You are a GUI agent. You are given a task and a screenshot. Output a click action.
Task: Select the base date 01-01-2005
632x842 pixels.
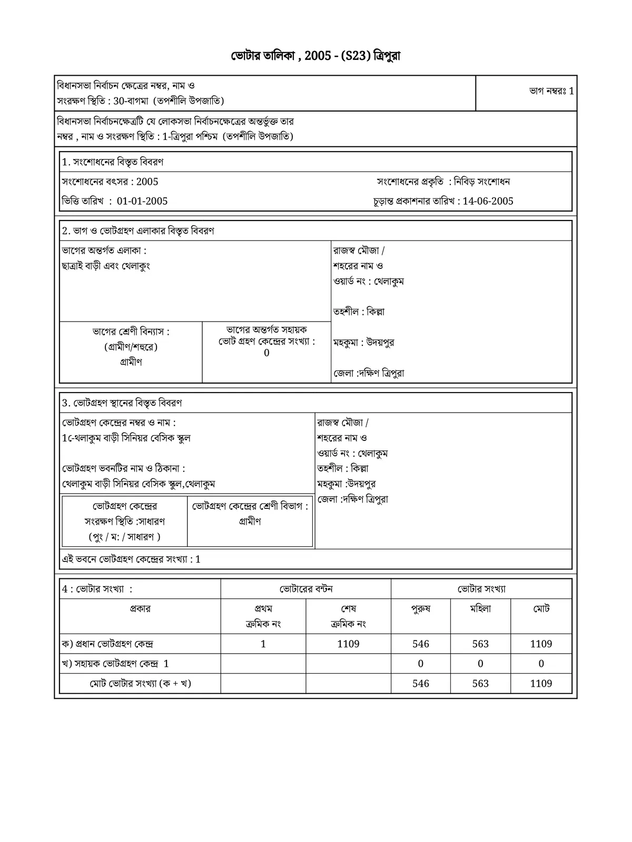[x=142, y=201]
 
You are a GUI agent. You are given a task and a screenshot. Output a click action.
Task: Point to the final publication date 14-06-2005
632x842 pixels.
[x=488, y=201]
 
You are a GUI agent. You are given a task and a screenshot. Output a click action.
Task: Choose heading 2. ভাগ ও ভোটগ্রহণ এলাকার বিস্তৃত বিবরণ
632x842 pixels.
[x=138, y=231]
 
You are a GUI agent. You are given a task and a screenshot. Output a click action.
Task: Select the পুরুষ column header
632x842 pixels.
[x=421, y=609]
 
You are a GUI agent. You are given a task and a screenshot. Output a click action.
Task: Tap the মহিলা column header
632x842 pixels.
[x=480, y=609]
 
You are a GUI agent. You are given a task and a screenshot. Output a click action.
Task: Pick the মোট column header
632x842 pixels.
[x=541, y=609]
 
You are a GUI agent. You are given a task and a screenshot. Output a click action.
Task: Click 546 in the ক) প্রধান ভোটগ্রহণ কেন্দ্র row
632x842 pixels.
[x=421, y=644]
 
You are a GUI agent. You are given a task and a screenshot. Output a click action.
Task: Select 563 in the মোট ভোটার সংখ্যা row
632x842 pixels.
[x=480, y=684]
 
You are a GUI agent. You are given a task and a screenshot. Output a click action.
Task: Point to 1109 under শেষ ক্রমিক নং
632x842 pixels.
[x=348, y=644]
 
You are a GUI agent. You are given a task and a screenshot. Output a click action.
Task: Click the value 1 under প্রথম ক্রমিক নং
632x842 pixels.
[x=263, y=644]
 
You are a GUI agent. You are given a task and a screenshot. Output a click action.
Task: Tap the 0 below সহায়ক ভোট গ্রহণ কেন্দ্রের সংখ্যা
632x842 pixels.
[x=266, y=353]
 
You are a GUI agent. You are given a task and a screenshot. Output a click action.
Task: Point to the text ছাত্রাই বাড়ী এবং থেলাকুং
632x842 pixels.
[x=106, y=266]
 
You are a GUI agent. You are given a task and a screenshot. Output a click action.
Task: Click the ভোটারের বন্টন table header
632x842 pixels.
[x=306, y=589]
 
